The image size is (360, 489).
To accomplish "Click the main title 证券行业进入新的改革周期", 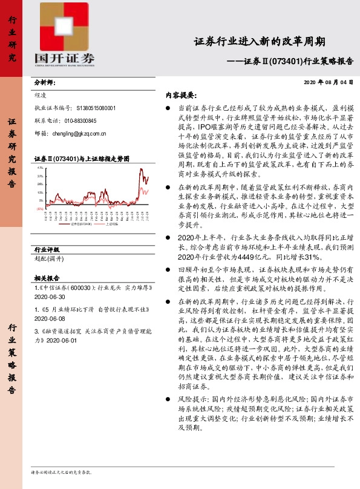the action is point(260,42).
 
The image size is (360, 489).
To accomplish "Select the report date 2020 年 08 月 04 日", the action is point(327,81).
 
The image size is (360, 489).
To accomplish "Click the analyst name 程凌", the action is point(41,95).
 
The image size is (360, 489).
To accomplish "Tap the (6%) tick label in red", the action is point(39,208).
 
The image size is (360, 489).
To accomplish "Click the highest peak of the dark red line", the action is point(142,169).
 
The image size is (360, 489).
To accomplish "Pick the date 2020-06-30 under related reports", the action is point(50,298).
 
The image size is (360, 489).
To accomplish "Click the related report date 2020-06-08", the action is point(50,318).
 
